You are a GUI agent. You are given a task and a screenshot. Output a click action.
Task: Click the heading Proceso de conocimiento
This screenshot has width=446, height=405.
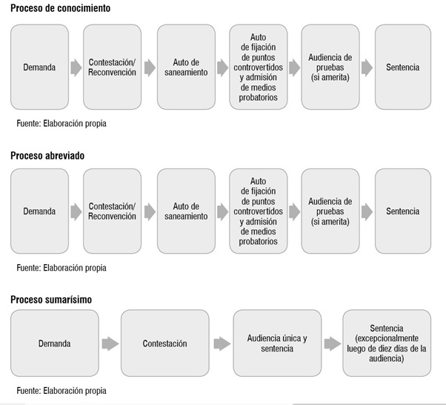click(60, 8)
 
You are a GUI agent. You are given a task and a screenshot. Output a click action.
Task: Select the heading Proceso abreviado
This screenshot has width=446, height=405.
click(47, 156)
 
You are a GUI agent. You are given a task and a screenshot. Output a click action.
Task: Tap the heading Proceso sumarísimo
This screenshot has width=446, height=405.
click(51, 300)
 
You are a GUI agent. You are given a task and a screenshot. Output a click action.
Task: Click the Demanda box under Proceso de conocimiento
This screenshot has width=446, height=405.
click(39, 67)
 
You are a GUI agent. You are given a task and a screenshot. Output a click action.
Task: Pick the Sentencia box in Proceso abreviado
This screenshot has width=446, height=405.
click(403, 211)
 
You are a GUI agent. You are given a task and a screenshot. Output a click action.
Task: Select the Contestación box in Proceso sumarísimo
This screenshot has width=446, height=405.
click(165, 343)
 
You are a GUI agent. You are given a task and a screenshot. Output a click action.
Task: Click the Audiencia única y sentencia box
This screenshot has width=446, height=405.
click(277, 343)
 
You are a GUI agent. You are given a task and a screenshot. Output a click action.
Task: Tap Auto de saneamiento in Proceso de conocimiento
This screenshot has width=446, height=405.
click(186, 67)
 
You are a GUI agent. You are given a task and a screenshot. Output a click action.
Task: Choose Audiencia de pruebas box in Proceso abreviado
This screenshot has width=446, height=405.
click(330, 211)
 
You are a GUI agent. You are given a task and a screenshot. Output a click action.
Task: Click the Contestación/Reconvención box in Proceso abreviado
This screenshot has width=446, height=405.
click(112, 211)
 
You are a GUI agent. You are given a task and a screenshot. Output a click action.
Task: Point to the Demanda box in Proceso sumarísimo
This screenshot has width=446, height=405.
click(55, 343)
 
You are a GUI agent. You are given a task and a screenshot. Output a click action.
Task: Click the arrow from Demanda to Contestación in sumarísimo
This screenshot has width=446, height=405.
click(110, 343)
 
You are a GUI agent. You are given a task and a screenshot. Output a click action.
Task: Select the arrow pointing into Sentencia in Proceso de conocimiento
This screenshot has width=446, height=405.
click(367, 67)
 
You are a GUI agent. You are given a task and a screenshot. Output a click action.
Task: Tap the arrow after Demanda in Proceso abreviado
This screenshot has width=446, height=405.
click(76, 212)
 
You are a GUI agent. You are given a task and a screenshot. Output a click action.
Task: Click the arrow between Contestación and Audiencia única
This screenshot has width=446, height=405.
click(222, 343)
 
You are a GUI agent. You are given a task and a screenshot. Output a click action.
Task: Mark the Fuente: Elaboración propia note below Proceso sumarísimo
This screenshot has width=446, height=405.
click(61, 390)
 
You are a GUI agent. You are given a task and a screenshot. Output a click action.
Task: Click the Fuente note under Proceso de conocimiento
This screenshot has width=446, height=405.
click(61, 123)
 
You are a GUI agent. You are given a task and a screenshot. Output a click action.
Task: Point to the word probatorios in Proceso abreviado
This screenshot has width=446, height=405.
click(259, 241)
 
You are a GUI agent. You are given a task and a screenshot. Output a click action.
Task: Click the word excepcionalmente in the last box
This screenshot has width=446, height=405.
click(387, 338)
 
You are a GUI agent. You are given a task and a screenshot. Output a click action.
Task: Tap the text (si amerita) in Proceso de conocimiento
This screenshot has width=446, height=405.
click(330, 77)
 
